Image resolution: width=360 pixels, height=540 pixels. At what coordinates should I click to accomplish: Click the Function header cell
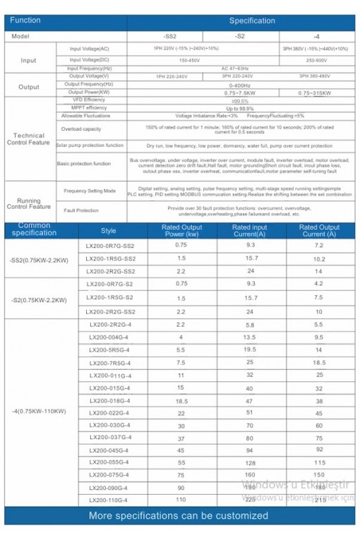[x=25, y=20]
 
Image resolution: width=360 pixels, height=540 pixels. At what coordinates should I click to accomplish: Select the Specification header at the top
[x=252, y=20]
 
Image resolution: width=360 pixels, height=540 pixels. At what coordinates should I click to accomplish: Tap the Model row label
[x=21, y=35]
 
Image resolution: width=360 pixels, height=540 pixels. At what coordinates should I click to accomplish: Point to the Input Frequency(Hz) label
[x=90, y=68]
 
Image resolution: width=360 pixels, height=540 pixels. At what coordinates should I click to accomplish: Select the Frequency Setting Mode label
[x=90, y=191]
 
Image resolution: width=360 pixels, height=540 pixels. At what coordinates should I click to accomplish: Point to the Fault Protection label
[x=81, y=210]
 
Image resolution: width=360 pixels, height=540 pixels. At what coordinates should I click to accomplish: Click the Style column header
[x=109, y=231]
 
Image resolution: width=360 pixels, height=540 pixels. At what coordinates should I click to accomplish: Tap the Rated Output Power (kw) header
[x=181, y=231]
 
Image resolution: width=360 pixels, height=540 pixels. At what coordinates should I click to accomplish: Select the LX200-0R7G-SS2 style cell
[x=109, y=246]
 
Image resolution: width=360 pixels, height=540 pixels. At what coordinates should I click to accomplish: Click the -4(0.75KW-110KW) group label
[x=38, y=411]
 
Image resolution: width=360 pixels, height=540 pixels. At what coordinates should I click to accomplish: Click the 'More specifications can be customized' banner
[x=180, y=516]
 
